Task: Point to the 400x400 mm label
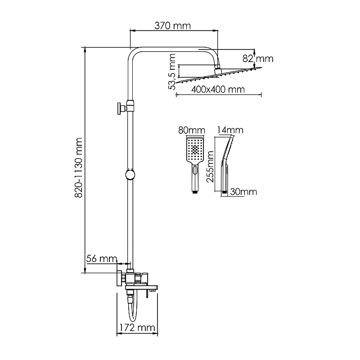click(218, 90)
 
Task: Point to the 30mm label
click(243, 192)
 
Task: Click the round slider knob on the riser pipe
click(130, 175)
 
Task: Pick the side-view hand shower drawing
click(226, 162)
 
